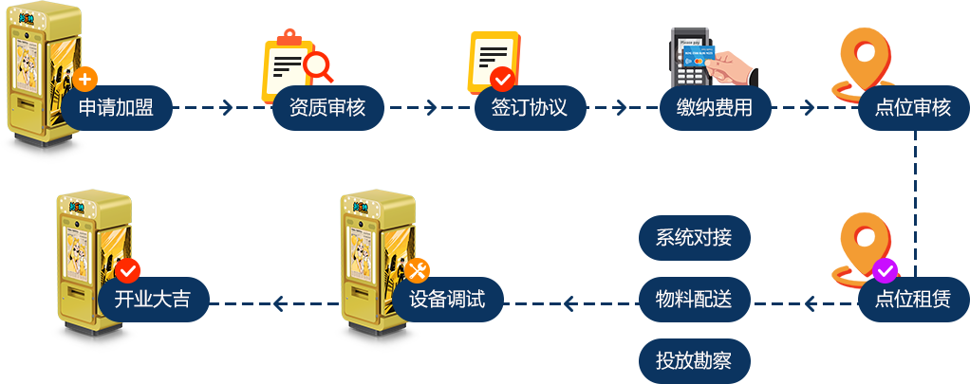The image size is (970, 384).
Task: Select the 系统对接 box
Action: click(694, 238)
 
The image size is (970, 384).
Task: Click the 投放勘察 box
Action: click(694, 361)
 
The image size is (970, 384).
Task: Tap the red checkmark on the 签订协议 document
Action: click(502, 78)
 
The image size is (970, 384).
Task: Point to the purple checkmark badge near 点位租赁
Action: click(885, 270)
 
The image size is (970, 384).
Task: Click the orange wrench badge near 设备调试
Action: click(418, 270)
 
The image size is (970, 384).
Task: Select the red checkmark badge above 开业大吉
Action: click(127, 270)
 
